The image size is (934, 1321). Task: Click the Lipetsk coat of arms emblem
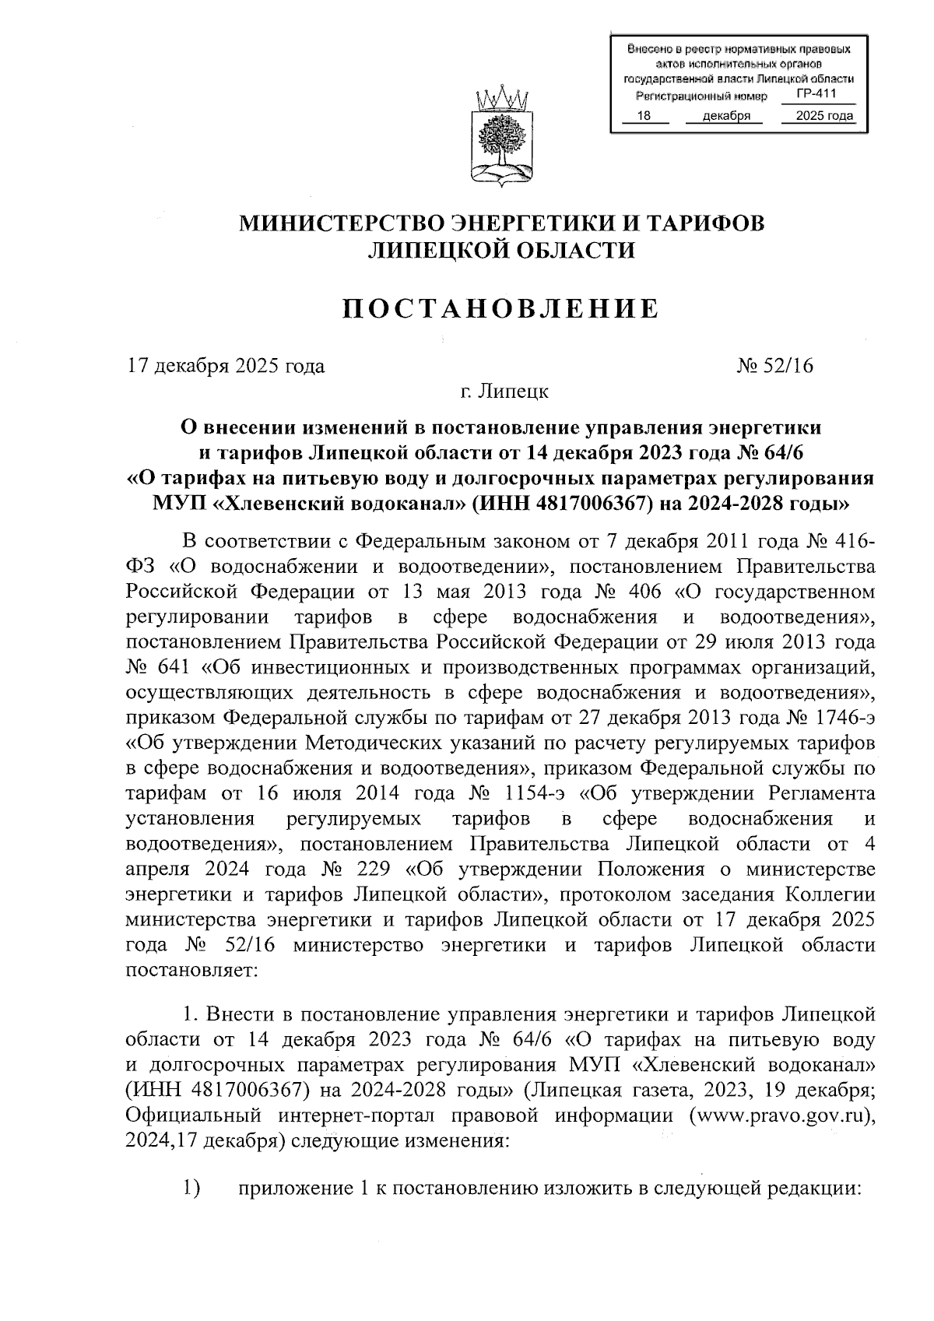(502, 140)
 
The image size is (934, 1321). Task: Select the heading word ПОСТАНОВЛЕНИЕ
(501, 309)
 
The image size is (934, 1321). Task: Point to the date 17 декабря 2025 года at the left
(226, 365)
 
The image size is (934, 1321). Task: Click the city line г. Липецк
(504, 392)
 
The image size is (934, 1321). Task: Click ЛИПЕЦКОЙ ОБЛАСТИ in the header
(501, 250)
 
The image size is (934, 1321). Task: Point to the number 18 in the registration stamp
(643, 117)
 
